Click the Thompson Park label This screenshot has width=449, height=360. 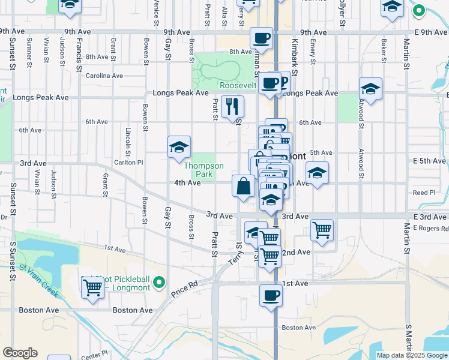[203, 170]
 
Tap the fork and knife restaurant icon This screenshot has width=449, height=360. [232, 107]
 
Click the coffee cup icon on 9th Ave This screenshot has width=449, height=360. [261, 38]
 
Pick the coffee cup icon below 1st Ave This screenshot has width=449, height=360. [271, 296]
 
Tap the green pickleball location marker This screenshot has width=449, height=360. [158, 281]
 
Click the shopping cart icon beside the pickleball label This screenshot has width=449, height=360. [92, 287]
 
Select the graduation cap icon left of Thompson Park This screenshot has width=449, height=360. [179, 147]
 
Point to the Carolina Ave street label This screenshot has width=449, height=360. [104, 76]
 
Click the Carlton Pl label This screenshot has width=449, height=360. [132, 162]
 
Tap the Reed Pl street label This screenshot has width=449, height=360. [424, 193]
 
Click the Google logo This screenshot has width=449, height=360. [20, 353]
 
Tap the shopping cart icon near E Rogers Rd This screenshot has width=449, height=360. [322, 230]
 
